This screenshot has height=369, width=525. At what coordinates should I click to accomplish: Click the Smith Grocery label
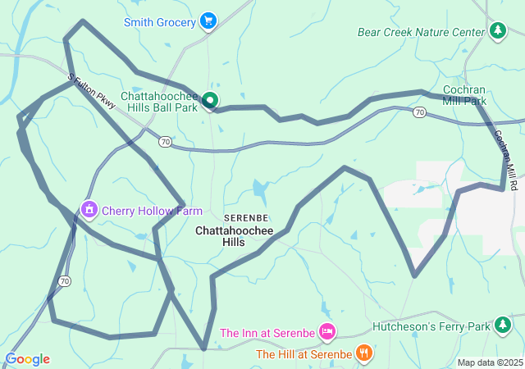[160, 22]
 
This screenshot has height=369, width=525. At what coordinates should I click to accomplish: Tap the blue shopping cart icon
[208, 21]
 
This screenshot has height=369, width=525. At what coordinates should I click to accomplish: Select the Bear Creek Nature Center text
[421, 32]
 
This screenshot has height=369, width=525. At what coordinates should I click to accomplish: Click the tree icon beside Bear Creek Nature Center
[497, 31]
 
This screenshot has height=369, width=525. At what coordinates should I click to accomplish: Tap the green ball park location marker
[210, 101]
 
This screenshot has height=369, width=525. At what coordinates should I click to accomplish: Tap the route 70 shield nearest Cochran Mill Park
[419, 112]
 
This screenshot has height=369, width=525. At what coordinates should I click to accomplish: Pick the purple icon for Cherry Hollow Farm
[88, 210]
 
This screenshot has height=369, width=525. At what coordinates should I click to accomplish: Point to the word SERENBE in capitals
[245, 218]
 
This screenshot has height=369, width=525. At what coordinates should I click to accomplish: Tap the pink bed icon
[326, 331]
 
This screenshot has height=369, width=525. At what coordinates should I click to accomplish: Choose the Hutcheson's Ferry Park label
[431, 326]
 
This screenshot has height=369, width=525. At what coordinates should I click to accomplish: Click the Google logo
[27, 359]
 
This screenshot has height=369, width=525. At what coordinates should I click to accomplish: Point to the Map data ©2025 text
[490, 362]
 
